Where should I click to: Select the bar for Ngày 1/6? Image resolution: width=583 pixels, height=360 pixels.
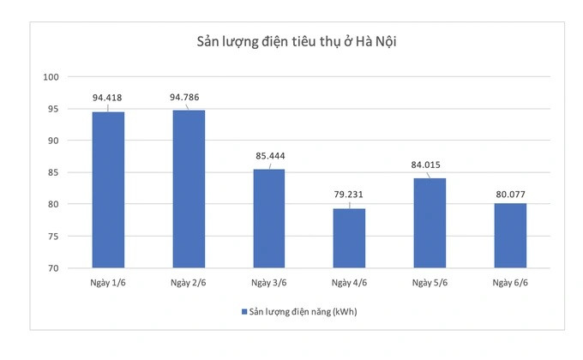108,189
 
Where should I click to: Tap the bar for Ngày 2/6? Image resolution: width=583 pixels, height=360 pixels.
189,189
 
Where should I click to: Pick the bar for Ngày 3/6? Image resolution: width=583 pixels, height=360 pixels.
268,219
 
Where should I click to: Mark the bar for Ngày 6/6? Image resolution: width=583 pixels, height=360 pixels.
510,236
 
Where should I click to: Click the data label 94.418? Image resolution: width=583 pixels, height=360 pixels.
107,98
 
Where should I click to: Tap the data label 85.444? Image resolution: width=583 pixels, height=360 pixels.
269,156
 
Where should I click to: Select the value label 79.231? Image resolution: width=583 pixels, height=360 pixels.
348,195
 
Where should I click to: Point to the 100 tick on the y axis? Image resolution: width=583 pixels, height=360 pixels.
51,77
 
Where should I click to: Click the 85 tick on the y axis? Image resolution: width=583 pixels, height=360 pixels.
53,172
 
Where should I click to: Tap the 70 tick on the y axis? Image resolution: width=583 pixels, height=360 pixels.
53,268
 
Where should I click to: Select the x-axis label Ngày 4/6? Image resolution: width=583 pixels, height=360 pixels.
349,282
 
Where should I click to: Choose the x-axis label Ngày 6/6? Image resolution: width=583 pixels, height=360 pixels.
510,282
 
